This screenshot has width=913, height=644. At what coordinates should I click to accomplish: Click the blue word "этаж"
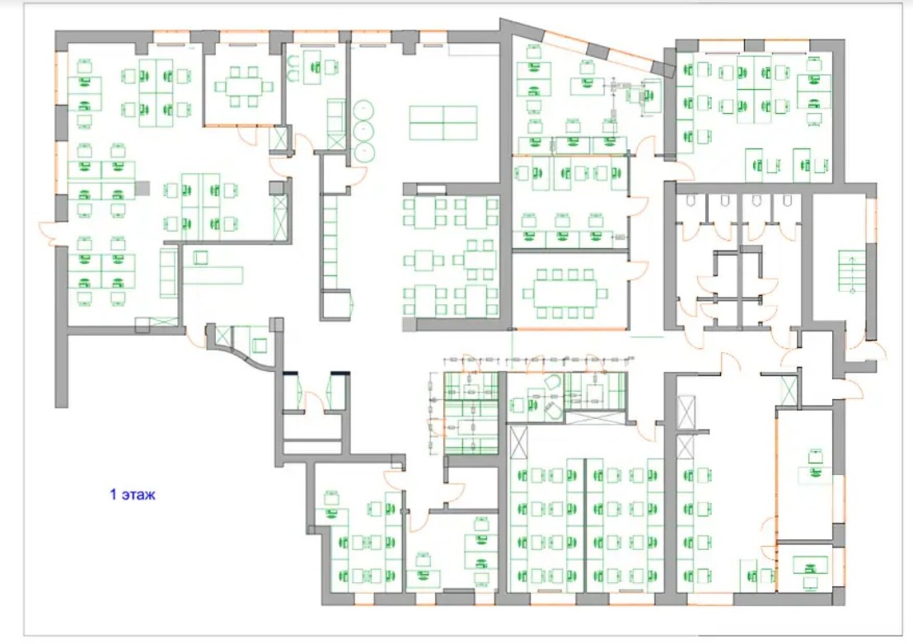[x=139, y=495]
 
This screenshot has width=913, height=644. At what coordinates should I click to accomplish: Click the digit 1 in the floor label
[x=114, y=495]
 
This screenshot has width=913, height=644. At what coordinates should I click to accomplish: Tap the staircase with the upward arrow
[x=852, y=271]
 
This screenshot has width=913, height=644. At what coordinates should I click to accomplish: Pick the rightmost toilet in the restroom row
[x=787, y=200]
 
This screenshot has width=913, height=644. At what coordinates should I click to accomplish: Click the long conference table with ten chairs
[x=565, y=293]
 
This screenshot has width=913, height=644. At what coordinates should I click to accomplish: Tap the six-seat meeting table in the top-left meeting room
[x=244, y=87]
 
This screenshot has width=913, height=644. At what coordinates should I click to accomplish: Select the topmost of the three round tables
[x=363, y=110]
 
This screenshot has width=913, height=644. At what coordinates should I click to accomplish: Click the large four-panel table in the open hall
[x=443, y=123]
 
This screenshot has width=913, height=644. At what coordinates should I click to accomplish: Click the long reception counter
[x=213, y=275]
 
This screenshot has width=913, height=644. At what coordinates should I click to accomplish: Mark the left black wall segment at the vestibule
[x=292, y=373]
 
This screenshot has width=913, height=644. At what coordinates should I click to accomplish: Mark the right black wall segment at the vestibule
[x=340, y=373]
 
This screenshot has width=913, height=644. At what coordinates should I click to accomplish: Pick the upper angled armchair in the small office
[x=551, y=382]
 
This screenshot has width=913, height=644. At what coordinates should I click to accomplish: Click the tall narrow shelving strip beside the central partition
[x=330, y=242]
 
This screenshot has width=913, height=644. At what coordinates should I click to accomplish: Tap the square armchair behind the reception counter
[x=200, y=257]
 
